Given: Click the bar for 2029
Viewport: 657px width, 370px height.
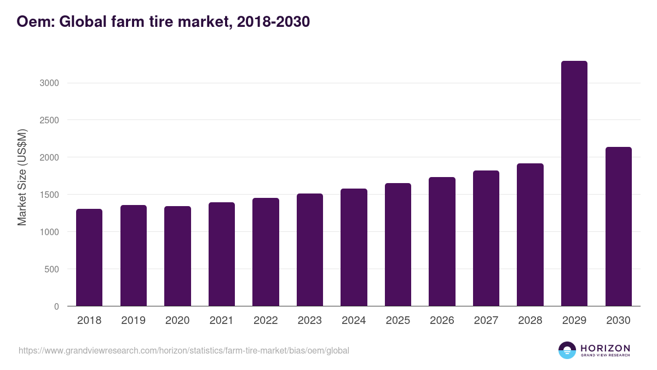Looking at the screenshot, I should (x=574, y=184).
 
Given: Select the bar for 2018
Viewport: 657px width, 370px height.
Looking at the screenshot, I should (x=89, y=258).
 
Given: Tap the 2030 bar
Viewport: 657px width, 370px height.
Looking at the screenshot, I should (x=618, y=226).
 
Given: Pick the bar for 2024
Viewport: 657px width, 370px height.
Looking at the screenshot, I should (x=354, y=247).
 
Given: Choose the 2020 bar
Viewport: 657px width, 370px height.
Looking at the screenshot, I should (x=177, y=256).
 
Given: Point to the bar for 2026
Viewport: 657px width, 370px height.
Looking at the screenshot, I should (x=442, y=242).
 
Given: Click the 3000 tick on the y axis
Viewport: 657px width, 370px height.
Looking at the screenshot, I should (x=49, y=83).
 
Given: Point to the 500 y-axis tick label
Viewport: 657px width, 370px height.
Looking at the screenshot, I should (x=51, y=269).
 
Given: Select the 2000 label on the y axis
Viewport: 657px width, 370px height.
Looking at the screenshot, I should (x=49, y=157).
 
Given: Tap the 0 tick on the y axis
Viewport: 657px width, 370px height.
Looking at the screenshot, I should (x=56, y=306).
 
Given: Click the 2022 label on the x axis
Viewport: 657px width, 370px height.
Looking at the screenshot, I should (x=266, y=321).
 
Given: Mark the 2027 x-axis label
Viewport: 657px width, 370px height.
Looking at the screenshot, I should (x=486, y=321).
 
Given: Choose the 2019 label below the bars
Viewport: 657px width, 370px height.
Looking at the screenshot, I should (x=133, y=321).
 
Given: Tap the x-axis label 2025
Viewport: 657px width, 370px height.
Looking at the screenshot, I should (x=397, y=321).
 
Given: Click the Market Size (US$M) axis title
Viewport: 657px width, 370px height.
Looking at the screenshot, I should (x=22, y=177).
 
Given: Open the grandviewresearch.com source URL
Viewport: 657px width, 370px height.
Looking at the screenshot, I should (x=183, y=350).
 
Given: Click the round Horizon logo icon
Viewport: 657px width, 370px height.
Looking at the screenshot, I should (x=567, y=350).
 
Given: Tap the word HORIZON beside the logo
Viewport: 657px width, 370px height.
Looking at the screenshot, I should (x=605, y=348).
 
